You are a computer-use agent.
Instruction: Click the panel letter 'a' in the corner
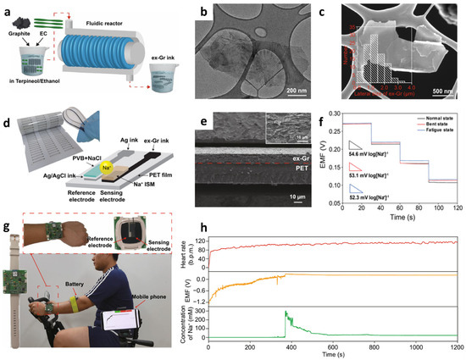point(6,7)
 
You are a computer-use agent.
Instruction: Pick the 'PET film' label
point(150,184)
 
